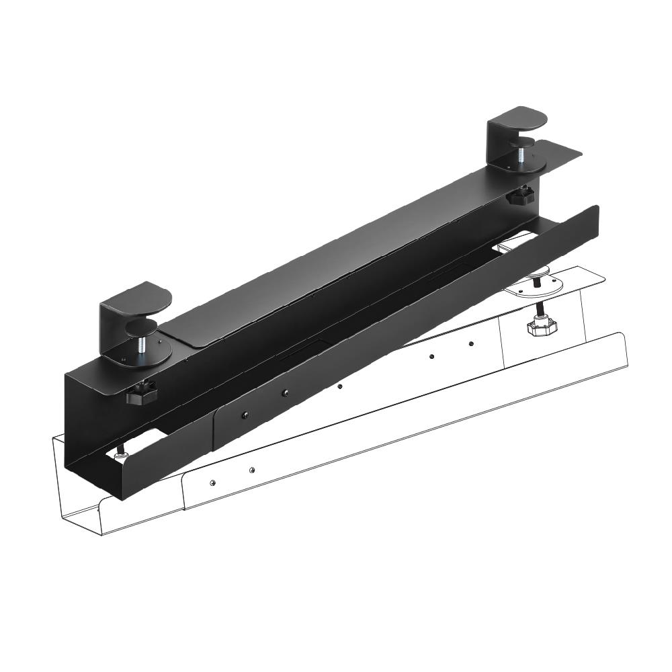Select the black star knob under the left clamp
tap(141, 394)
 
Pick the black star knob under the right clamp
tap(521, 196)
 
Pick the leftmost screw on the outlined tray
tap(212, 482)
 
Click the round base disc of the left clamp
tap(144, 357)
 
